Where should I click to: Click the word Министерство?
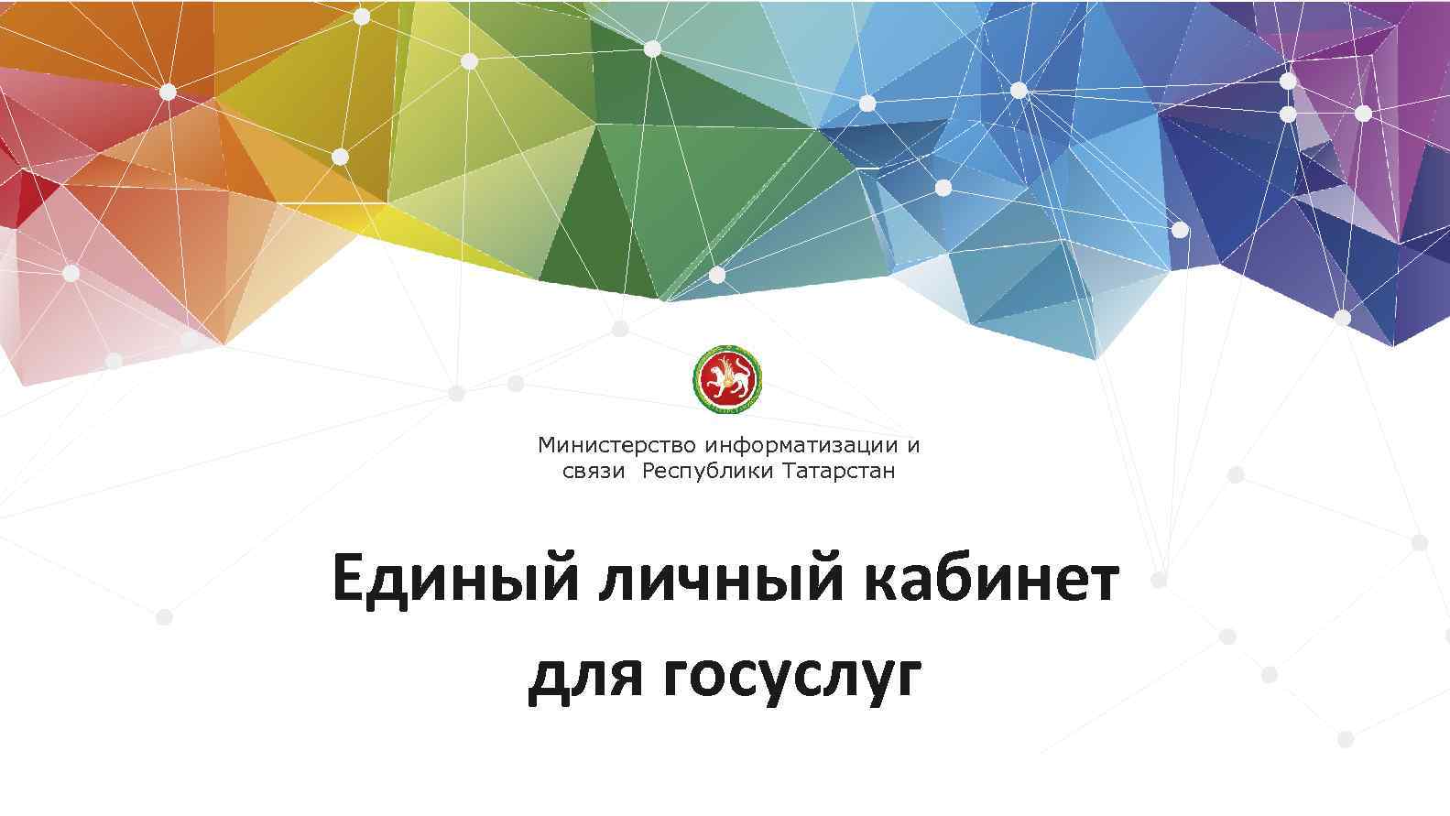[618, 446]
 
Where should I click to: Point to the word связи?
[593, 472]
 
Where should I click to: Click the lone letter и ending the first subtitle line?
[912, 446]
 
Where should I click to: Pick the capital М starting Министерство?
[547, 446]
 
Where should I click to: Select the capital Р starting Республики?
[649, 472]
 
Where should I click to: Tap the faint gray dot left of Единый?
[164, 617]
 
